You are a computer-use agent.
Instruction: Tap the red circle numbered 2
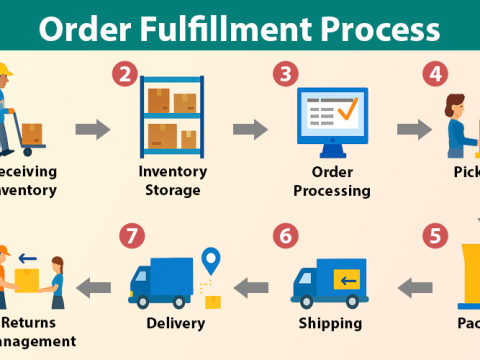coord(125,74)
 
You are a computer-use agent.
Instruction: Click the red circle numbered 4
coord(435,74)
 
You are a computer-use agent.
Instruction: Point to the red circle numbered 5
coord(434,237)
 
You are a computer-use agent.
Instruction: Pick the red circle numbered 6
coord(287,237)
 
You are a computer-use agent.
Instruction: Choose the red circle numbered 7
coord(129,237)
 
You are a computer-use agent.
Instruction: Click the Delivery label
coord(175,323)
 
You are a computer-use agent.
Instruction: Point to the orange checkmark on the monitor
coord(345,110)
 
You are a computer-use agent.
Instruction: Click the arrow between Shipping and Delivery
coord(250,288)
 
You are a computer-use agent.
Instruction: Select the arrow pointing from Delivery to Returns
coord(95,288)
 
